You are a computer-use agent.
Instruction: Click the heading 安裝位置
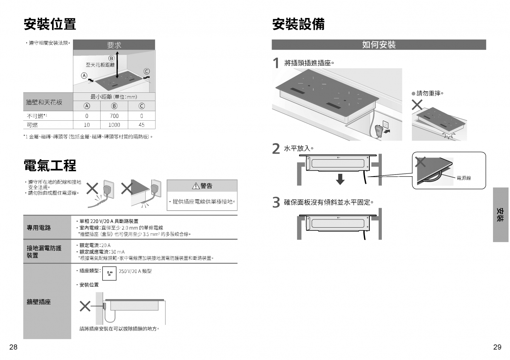coord(50,24)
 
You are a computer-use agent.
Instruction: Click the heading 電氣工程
coord(50,166)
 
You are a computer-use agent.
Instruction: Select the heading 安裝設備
coord(298,24)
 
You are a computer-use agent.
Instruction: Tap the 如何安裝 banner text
coord(379,45)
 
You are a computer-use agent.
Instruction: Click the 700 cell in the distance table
coord(114,116)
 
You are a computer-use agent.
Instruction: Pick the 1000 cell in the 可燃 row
coord(114,125)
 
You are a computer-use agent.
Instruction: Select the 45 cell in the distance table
coord(142,125)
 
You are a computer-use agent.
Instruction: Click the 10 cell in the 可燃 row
coord(87,125)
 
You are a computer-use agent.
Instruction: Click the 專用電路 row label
coord(39,228)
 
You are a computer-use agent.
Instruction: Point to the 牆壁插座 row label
coord(39,302)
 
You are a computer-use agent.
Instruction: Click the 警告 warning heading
coord(202,186)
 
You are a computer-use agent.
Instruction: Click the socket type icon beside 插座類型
coord(109,273)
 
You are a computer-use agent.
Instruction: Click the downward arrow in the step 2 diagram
coord(340,179)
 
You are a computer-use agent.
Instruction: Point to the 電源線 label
coord(464,178)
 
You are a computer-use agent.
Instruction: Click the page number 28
coord(13,347)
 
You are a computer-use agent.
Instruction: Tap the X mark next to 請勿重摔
coord(418,105)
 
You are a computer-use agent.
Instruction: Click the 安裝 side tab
coord(500,215)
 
